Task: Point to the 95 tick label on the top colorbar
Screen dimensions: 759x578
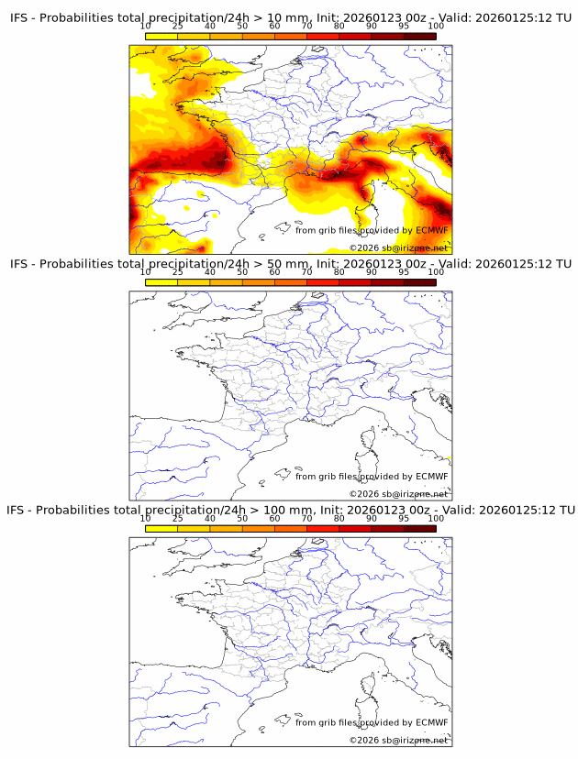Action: tap(404, 26)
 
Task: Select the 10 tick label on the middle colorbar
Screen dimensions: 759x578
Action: tap(146, 272)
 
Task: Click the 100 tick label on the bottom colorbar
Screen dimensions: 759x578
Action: tap(436, 518)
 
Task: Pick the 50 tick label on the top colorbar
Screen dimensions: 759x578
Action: tap(242, 26)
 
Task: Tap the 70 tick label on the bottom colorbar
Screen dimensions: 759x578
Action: tap(306, 518)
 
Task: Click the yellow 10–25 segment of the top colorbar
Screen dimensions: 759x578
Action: tap(161, 36)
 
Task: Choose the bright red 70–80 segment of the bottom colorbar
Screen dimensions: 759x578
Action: tap(322, 528)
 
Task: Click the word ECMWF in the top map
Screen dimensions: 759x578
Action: tap(431, 230)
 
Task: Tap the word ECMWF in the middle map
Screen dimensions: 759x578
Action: tap(431, 476)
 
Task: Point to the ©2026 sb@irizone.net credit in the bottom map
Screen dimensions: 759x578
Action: tap(399, 740)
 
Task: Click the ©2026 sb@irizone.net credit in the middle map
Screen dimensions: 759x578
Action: tap(399, 494)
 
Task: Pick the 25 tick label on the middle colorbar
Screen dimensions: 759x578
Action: tap(178, 272)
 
